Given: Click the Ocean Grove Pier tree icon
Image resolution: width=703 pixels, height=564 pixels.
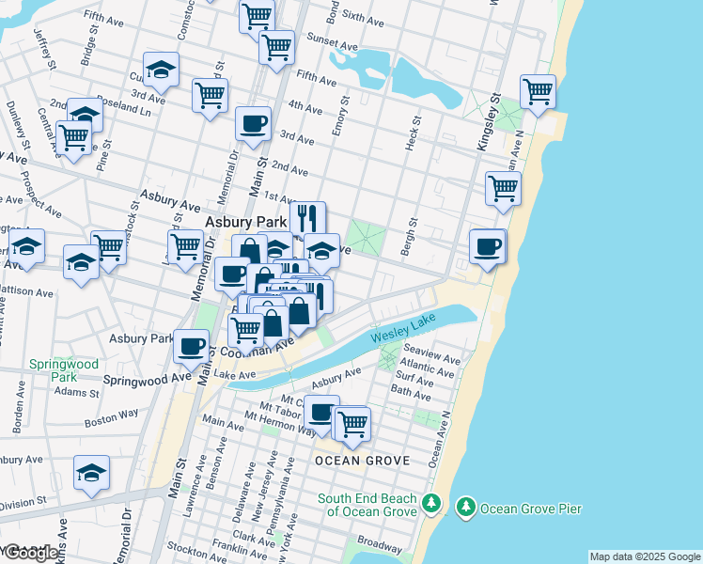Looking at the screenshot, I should (464, 509).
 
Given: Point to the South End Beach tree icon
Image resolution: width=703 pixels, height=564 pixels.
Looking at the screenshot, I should (430, 503).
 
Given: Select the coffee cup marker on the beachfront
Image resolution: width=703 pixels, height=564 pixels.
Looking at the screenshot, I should (488, 246).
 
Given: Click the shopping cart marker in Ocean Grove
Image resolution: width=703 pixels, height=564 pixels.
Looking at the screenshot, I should (353, 423).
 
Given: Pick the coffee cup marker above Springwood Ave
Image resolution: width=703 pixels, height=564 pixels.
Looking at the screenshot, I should (192, 345).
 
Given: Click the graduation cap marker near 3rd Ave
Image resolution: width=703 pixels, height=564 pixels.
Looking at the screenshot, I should (162, 70).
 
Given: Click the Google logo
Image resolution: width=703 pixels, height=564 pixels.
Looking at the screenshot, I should (30, 553).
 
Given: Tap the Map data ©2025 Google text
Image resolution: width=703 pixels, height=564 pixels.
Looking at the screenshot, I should (645, 556).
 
